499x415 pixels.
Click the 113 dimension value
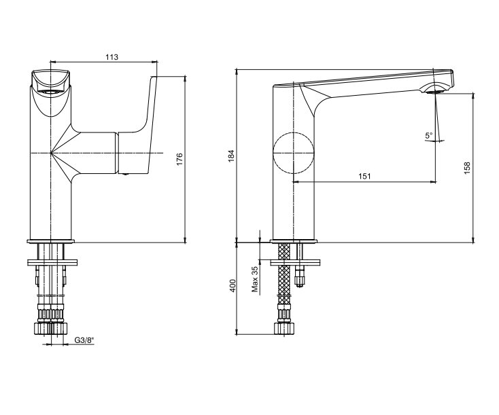click(x=111, y=57)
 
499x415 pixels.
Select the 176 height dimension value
click(x=179, y=159)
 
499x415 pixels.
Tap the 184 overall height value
click(x=231, y=156)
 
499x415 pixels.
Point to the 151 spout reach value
click(x=364, y=176)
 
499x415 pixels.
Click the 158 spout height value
click(x=467, y=168)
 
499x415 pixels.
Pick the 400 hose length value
click(x=233, y=286)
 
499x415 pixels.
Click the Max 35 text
click(x=254, y=280)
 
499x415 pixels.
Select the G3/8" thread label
click(x=85, y=340)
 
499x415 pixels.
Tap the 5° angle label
click(x=429, y=135)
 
